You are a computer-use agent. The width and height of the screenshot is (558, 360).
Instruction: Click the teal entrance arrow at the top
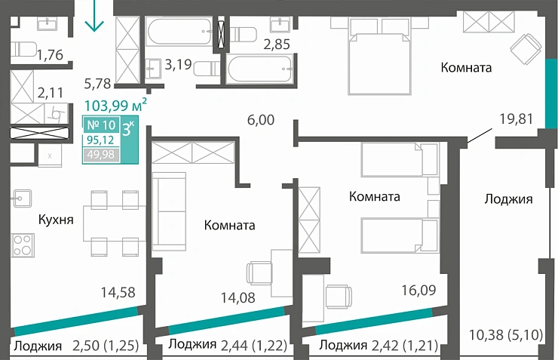[x=94, y=17]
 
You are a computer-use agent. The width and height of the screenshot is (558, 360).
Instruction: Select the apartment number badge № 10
[x=100, y=125]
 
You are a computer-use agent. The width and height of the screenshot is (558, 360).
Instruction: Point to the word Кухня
[x=56, y=220]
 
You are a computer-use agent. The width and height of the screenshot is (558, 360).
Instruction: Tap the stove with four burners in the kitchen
[x=23, y=246]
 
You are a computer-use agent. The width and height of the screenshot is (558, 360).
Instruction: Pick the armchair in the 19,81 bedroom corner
[x=523, y=50]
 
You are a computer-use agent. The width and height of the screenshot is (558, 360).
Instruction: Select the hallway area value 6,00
[x=260, y=119]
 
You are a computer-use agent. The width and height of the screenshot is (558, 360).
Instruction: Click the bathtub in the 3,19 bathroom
[x=179, y=32]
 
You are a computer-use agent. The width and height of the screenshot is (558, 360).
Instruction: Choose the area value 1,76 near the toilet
[x=50, y=54]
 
